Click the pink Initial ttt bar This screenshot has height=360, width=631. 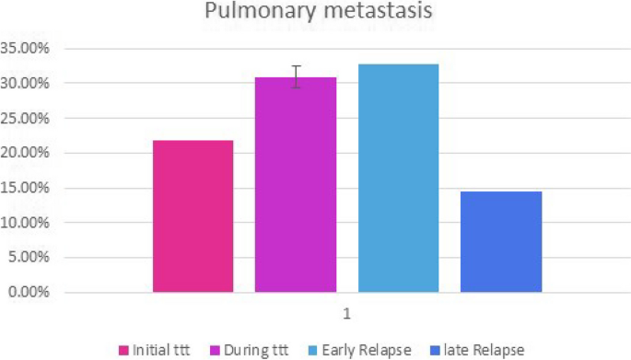pos(193,216)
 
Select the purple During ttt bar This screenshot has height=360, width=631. pos(296,185)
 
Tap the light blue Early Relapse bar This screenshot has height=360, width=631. pos(398,179)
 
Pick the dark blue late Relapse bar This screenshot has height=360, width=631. pos(501,242)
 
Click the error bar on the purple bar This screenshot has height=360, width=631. pos(296,77)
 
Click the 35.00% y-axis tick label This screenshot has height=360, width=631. pos(28,48)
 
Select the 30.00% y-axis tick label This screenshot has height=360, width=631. pos(28,83)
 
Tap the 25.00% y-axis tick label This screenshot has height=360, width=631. pos(28,118)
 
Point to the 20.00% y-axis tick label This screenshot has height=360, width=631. pos(28,153)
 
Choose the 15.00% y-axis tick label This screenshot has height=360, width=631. pos(28,188)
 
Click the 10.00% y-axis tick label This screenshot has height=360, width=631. pos(28,223)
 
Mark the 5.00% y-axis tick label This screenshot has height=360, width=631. pos(30,258)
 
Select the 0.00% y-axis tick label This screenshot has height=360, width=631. pos(30,293)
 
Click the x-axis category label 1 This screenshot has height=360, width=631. pos(347,314)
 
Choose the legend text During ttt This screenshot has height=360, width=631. pos(261,350)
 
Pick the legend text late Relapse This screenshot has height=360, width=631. pos(486,350)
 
